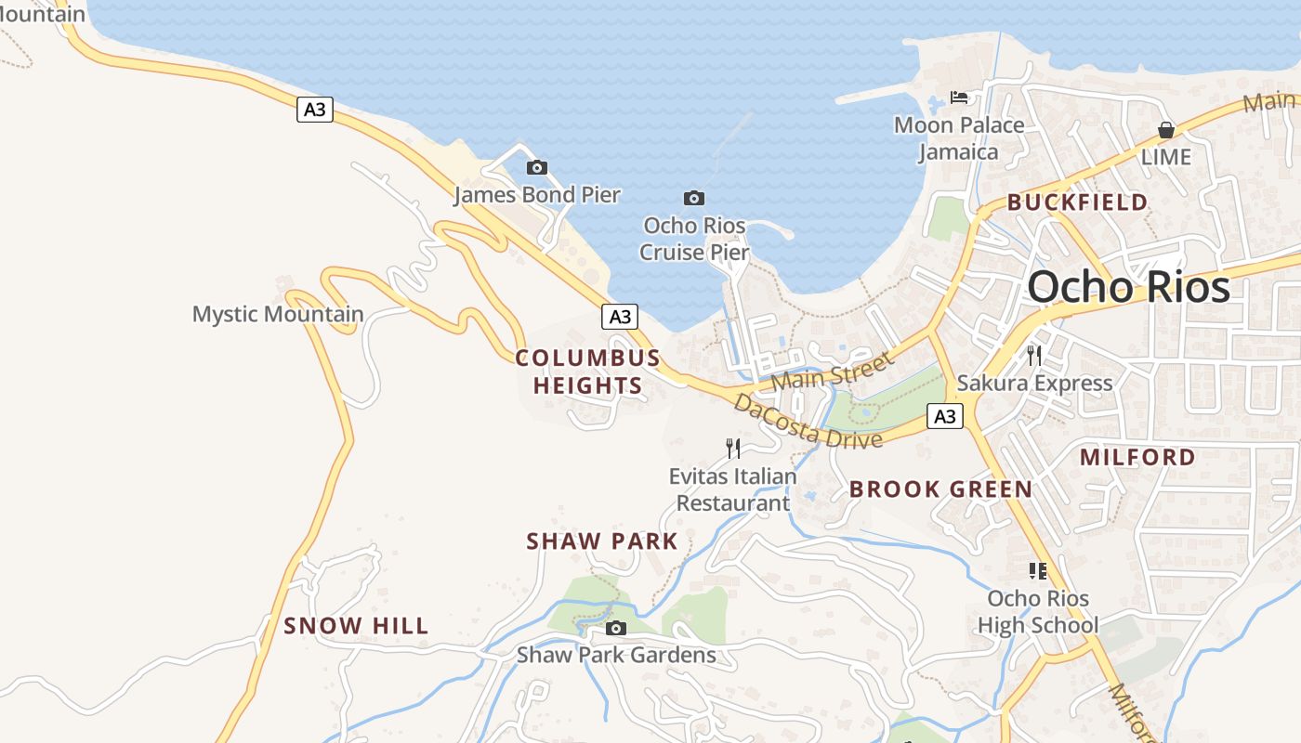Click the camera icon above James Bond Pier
536,168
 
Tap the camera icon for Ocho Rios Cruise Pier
693,198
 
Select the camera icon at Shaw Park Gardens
615,629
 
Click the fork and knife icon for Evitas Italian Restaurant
733,449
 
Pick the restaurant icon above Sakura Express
1034,355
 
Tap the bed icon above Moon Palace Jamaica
959,97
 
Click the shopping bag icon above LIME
1165,130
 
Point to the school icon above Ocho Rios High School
1038,571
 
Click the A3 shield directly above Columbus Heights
620,317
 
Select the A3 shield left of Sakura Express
944,416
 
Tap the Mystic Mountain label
278,314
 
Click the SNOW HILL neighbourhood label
356,626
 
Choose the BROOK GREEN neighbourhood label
940,489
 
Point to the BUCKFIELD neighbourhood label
1077,202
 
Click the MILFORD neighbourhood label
1137,457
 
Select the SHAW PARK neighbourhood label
602,541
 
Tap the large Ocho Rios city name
1128,287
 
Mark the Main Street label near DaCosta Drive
831,371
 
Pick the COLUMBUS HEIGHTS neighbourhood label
587,371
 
